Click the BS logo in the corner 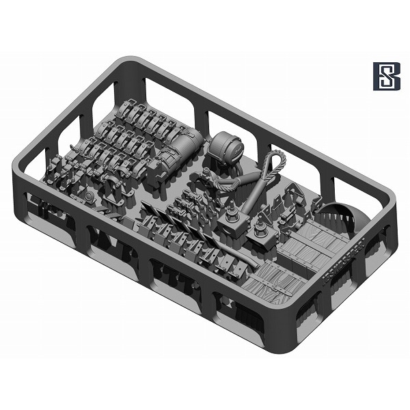387,77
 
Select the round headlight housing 226,147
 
